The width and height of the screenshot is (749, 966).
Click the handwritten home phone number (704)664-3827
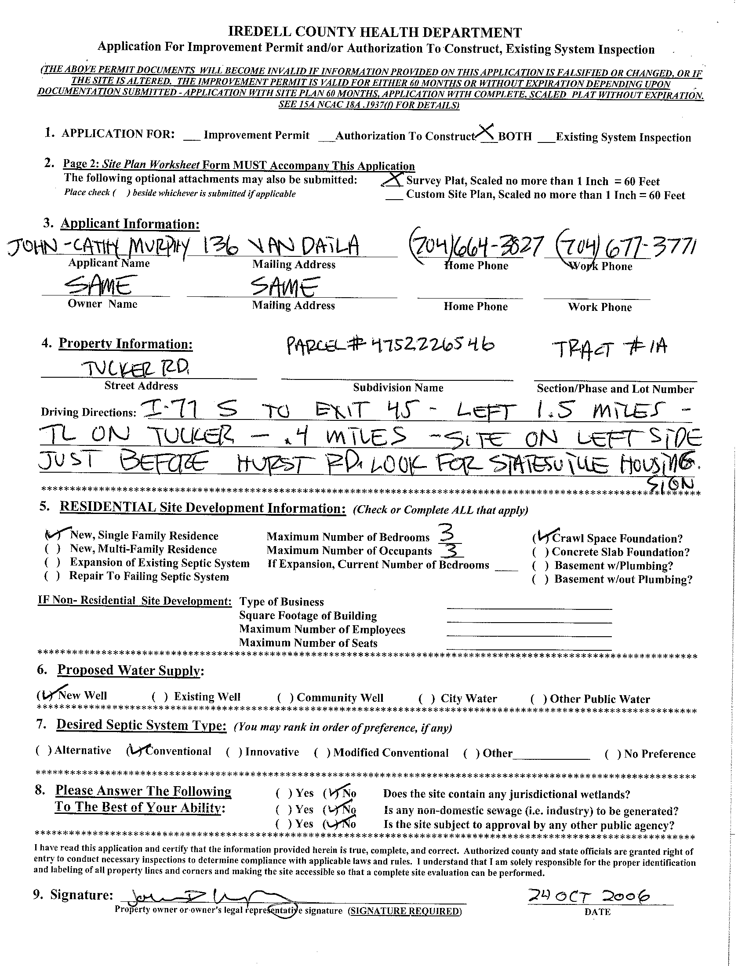click(x=475, y=245)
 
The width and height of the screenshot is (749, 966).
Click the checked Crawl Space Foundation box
click(x=541, y=538)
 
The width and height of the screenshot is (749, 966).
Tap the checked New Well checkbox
click(x=46, y=695)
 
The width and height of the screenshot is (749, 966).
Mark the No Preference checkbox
click(x=613, y=754)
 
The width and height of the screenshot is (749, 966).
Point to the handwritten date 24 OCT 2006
click(x=590, y=897)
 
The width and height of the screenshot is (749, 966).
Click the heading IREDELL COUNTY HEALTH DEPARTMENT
click(x=374, y=32)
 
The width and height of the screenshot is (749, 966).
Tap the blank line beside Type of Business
click(x=529, y=608)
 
